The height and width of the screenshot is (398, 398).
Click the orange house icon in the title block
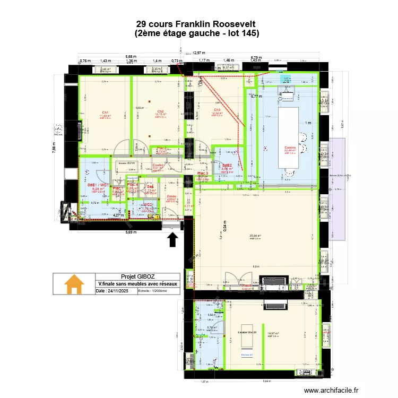pyautogui.click(x=74, y=284)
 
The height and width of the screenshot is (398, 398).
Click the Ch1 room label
pyautogui.click(x=105, y=112)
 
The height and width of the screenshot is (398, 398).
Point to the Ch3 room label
pyautogui.click(x=217, y=110)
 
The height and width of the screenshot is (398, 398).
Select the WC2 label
pyautogui.click(x=148, y=205)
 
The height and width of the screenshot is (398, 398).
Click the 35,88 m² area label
pyautogui.click(x=256, y=236)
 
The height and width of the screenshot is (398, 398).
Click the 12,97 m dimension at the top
pyautogui.click(x=198, y=53)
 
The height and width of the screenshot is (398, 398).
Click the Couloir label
pyautogui.click(x=158, y=165)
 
